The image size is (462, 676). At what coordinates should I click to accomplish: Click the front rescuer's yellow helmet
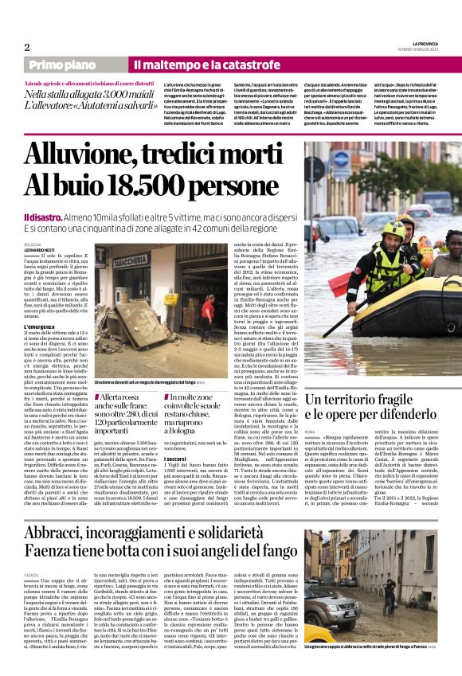pos(393,229)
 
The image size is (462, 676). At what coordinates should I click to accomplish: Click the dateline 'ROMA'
pos(332,432)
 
